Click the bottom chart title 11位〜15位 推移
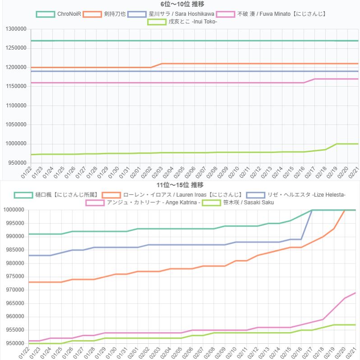pos(180,185)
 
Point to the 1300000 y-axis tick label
pos(14,29)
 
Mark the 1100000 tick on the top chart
pos(14,106)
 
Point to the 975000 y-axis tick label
pos(16,277)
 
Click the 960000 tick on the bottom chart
pos(16,317)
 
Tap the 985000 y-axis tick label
pos(16,250)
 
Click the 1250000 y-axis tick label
pos(14,48)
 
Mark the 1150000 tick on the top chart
pos(14,87)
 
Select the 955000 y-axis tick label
pos(16,330)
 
